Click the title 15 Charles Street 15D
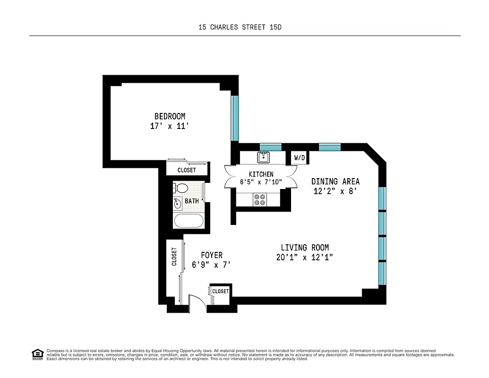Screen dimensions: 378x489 pos(240,27)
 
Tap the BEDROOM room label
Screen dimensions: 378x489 pos(170,116)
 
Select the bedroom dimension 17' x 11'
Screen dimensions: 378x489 pos(170,127)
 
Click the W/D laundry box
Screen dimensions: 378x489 pos(300,158)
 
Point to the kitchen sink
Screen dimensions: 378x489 pos(263,157)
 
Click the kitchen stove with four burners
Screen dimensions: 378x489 pos(259,200)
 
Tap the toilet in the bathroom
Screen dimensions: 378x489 pos(180,188)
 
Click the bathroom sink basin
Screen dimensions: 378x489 pos(178,204)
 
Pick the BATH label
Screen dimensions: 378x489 pos(192,201)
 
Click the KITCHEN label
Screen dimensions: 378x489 pos(261,174)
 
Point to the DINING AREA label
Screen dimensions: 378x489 pos(335,181)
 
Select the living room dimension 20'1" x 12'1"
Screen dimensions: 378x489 pos(305,258)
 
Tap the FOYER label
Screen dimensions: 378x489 pos(211,255)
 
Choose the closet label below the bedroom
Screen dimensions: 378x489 pos(187,170)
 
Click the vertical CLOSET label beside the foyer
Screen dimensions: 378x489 pos(174,257)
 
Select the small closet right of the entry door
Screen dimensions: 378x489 pos(220,292)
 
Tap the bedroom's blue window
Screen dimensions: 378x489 pos(235,118)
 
